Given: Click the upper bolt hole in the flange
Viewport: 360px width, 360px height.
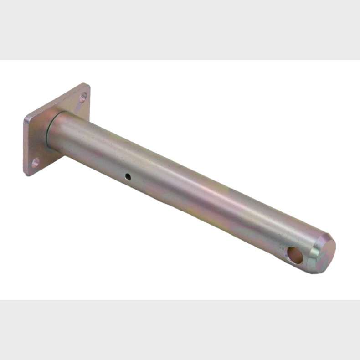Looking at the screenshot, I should [83, 97].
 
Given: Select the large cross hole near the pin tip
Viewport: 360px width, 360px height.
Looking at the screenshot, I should [295, 256].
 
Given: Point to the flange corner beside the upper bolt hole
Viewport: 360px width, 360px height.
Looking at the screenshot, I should [87, 86].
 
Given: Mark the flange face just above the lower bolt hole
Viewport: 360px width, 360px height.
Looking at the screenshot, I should [36, 153].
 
